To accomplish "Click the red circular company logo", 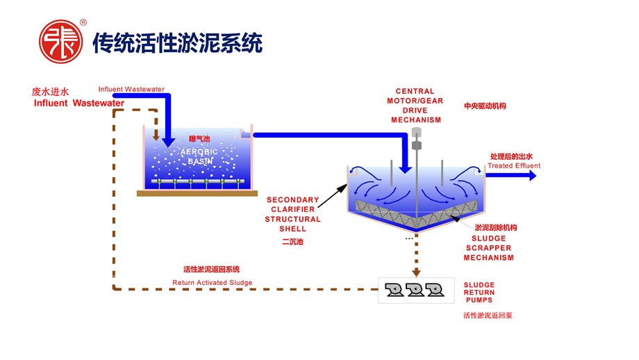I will coord(59,42).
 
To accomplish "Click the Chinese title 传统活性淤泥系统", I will coord(178,42).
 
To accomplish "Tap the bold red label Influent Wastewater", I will coord(79,104).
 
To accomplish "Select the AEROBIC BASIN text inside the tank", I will coord(199,156).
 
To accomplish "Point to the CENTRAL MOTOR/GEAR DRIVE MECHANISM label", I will coord(415,105).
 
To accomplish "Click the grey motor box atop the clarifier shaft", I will coord(417,132).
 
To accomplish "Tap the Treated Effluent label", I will coord(514,166).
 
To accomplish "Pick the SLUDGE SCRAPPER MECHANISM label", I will coord(489,248).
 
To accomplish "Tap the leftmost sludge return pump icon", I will coord(394,290).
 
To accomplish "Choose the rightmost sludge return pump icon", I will coord(435,290).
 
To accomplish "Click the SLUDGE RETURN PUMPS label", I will coord(480,293).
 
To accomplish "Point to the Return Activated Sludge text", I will coord(213,283).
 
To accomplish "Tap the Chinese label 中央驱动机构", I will coord(485,106).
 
